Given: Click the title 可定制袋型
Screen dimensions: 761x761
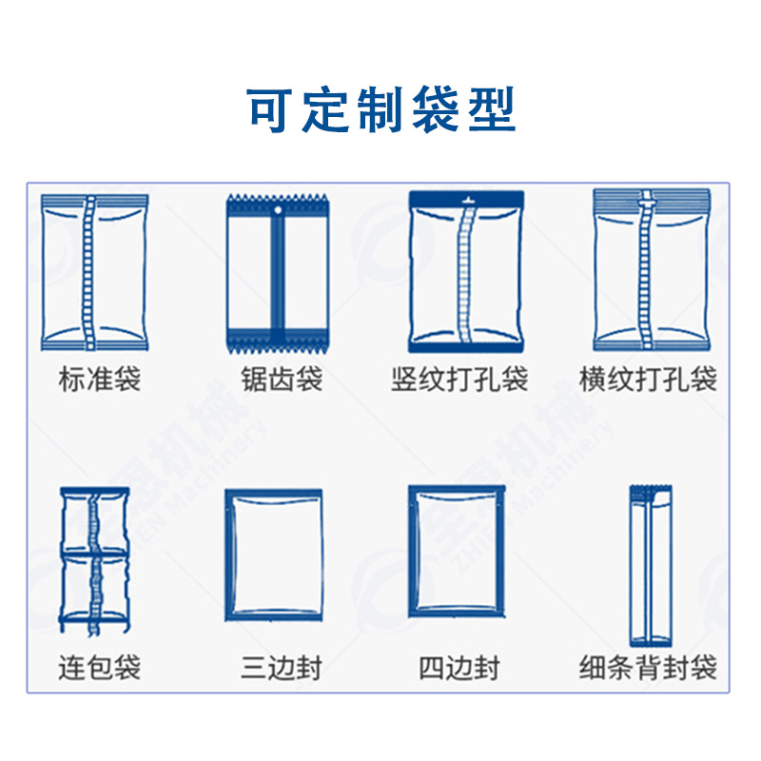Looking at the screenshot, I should (380, 109).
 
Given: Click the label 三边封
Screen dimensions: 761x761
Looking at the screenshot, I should (277, 667).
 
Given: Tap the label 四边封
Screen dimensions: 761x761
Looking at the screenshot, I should (459, 667).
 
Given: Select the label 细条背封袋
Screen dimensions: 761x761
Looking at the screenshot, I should (648, 667).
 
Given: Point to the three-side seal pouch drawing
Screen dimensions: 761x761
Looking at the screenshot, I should (274, 555).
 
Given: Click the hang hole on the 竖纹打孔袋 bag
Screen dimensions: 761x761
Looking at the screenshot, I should (466, 200).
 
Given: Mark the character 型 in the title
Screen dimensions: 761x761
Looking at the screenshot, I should (492, 109).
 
